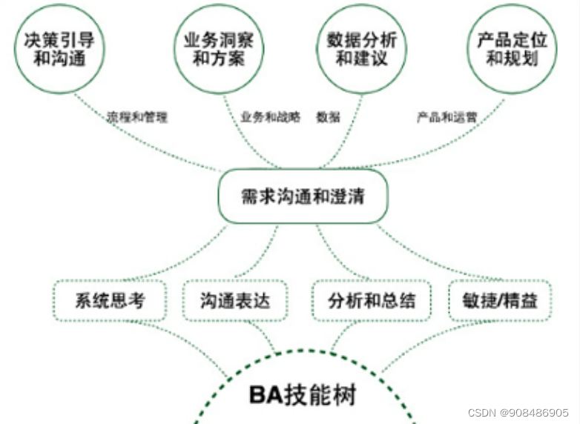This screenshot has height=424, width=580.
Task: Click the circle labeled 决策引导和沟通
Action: tap(59, 49)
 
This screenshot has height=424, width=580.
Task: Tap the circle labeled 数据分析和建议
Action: tap(362, 49)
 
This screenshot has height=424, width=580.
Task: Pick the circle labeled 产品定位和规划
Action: tap(512, 49)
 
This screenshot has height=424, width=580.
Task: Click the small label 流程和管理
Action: tap(137, 116)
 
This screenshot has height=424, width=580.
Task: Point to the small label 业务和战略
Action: tap(270, 116)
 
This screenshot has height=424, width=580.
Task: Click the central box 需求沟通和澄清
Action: tap(303, 196)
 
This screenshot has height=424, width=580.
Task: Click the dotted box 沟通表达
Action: tap(234, 301)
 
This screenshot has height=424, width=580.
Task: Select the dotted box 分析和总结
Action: tap(372, 301)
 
